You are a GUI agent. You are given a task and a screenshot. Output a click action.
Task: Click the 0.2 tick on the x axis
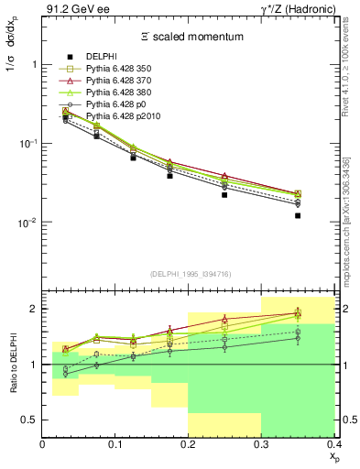189,445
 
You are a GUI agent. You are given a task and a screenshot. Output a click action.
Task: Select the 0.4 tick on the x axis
334,445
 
